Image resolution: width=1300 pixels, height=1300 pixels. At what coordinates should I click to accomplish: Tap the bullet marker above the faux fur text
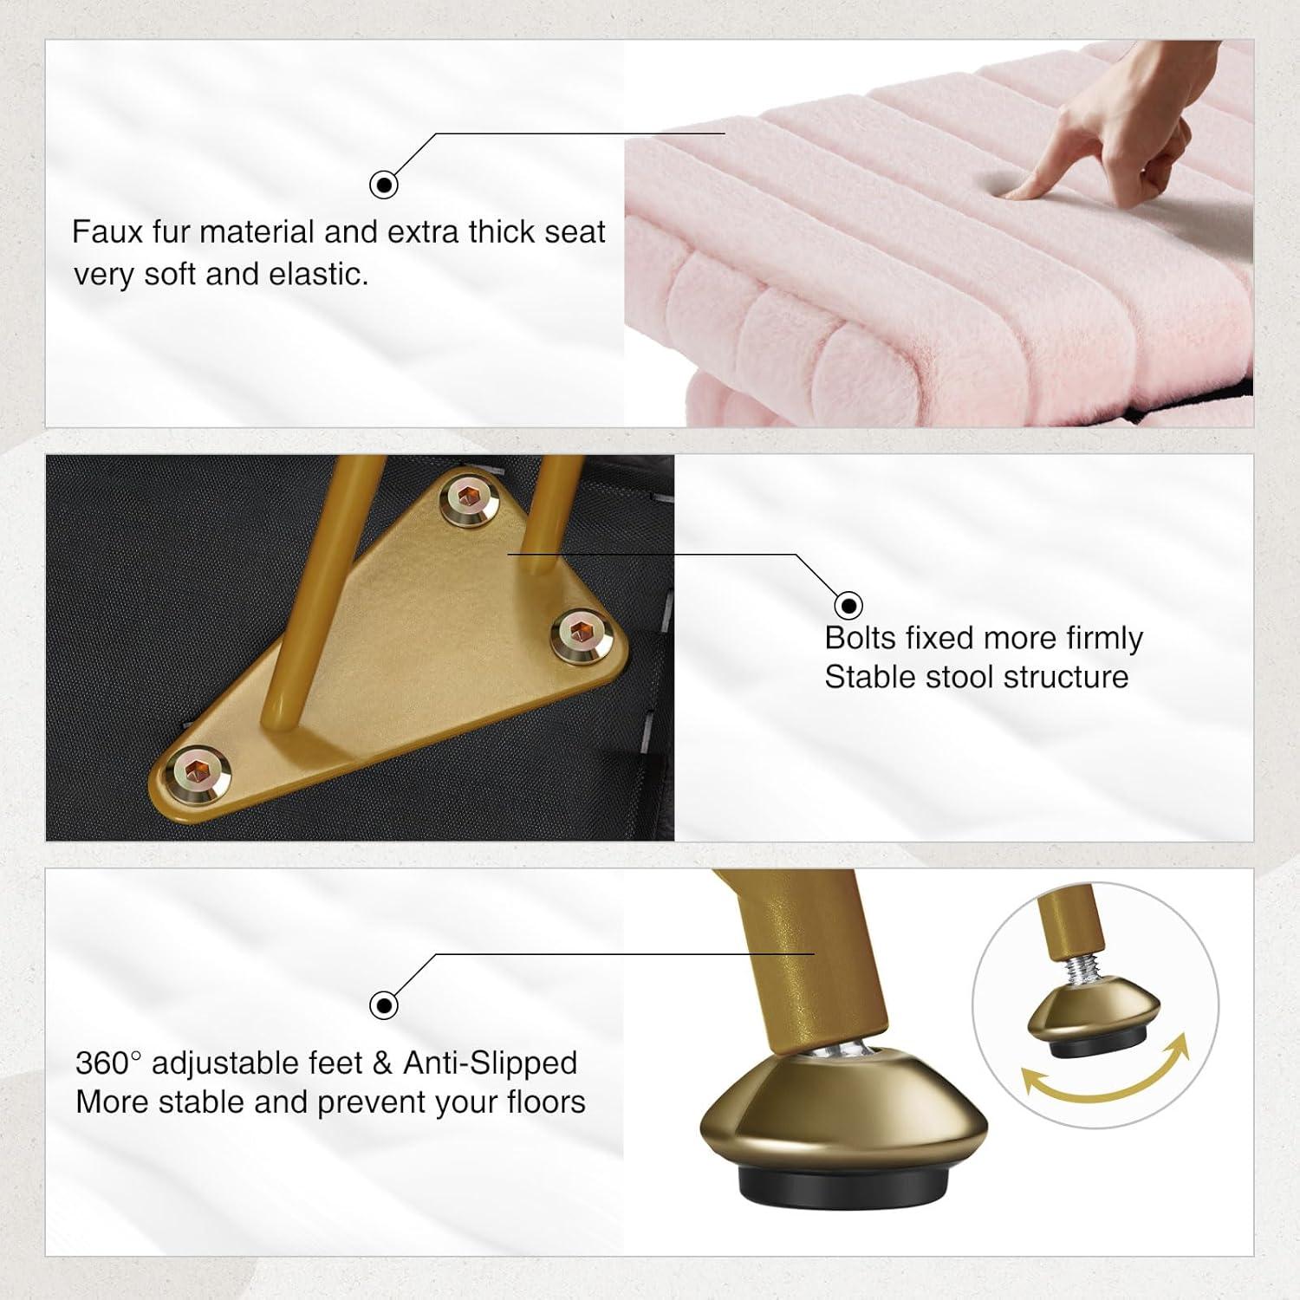pos(384,185)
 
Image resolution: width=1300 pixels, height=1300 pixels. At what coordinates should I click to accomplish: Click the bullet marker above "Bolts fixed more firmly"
pos(848,605)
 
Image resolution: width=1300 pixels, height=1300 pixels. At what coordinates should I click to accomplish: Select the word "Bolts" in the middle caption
pos(861,638)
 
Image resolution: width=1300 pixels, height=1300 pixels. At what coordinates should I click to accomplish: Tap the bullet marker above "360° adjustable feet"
pos(384,1005)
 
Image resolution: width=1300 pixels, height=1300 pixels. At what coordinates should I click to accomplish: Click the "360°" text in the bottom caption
pos(107,1063)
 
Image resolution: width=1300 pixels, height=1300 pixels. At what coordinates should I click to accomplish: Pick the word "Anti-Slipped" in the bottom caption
pos(490,1063)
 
